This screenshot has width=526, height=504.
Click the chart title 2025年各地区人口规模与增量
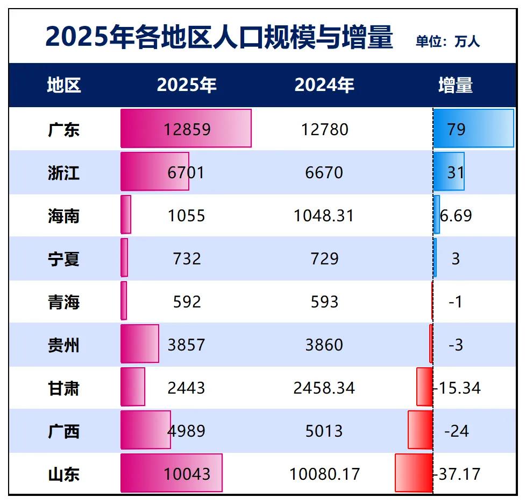pyautogui.click(x=219, y=38)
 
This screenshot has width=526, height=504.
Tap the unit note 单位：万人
pyautogui.click(x=447, y=41)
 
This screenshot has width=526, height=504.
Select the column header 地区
pyautogui.click(x=63, y=85)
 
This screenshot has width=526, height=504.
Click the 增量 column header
pyautogui.click(x=456, y=85)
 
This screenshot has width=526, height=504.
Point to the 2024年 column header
pyautogui.click(x=324, y=85)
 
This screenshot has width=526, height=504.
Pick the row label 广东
pyautogui.click(x=63, y=129)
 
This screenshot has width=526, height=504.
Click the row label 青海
pyautogui.click(x=63, y=302)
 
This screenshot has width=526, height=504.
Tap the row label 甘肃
pyautogui.click(x=63, y=388)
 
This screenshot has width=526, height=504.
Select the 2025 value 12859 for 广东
pyautogui.click(x=187, y=129)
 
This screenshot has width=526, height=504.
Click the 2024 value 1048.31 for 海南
pyautogui.click(x=324, y=215)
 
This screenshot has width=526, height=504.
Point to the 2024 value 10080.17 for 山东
pyautogui.click(x=324, y=474)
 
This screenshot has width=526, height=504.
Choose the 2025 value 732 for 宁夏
pyautogui.click(x=187, y=258)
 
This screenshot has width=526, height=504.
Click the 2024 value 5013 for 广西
pyautogui.click(x=324, y=431)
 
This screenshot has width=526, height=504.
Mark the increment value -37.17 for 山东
pyautogui.click(x=457, y=474)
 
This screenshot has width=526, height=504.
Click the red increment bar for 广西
pyautogui.click(x=420, y=430)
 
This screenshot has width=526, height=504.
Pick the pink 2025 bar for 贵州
pyautogui.click(x=140, y=344)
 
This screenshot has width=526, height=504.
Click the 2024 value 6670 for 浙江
pyautogui.click(x=324, y=172)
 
